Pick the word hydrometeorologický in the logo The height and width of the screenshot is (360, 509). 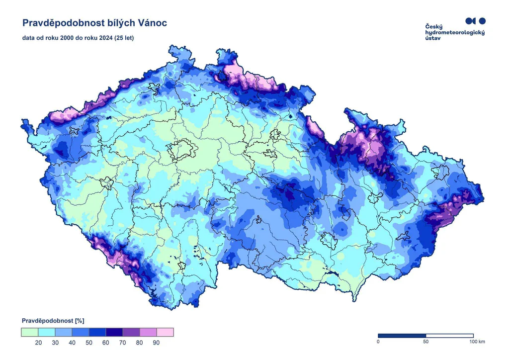point(455,33)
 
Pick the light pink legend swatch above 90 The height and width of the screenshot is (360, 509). point(165,332)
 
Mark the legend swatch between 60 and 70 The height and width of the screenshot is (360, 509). point(114,332)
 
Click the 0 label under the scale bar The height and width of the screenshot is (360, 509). point(378,342)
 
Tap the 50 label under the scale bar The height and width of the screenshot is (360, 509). point(425,342)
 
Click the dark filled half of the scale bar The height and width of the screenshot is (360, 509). point(402,336)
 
